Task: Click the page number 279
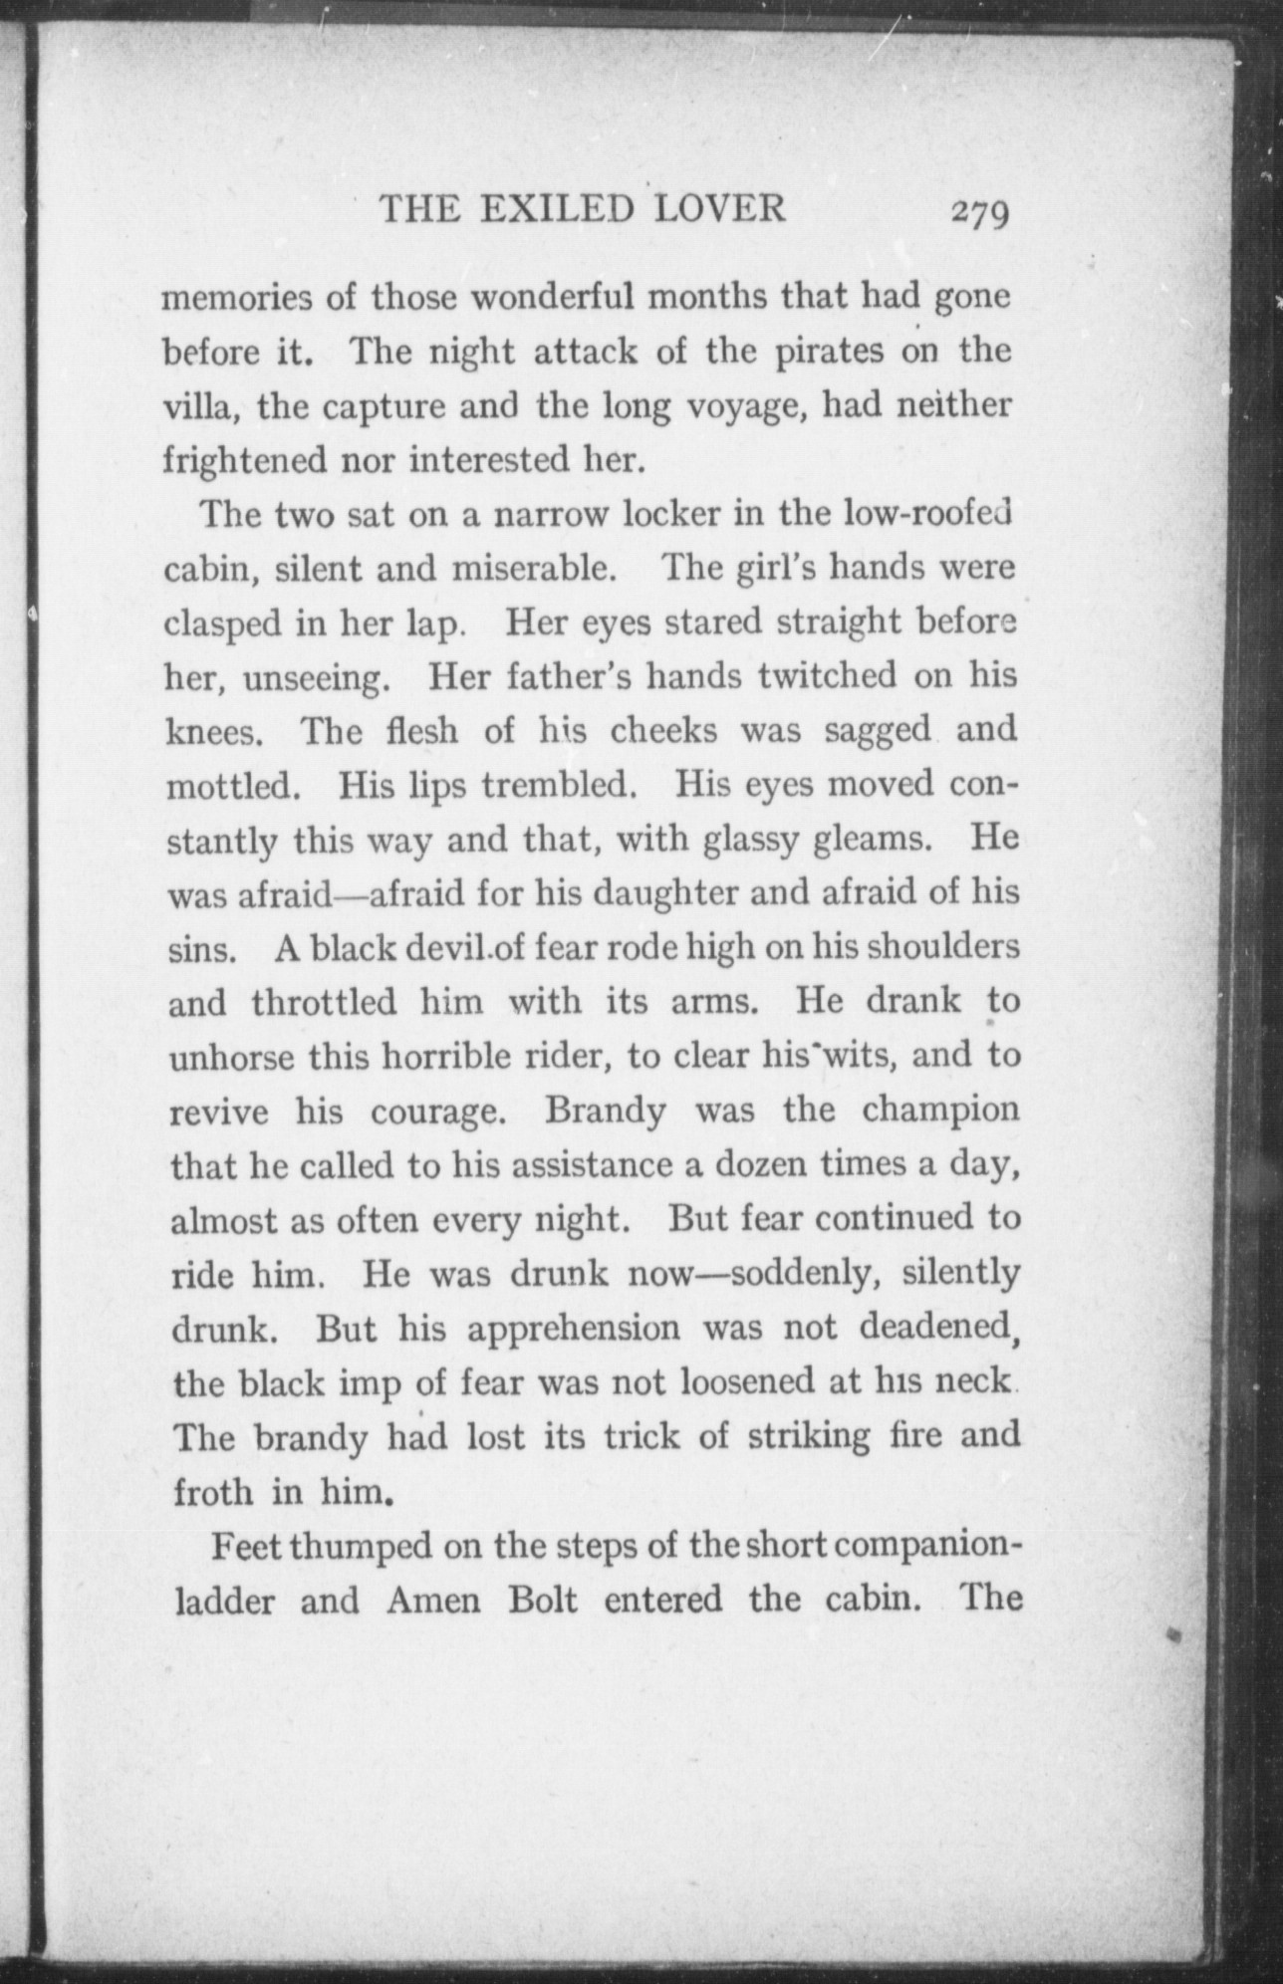pyautogui.click(x=980, y=213)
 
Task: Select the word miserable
pyautogui.click(x=542, y=568)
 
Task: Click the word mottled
pyautogui.click(x=233, y=785)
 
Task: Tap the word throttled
pyautogui.click(x=325, y=1000)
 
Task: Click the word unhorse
pyautogui.click(x=231, y=1055)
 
